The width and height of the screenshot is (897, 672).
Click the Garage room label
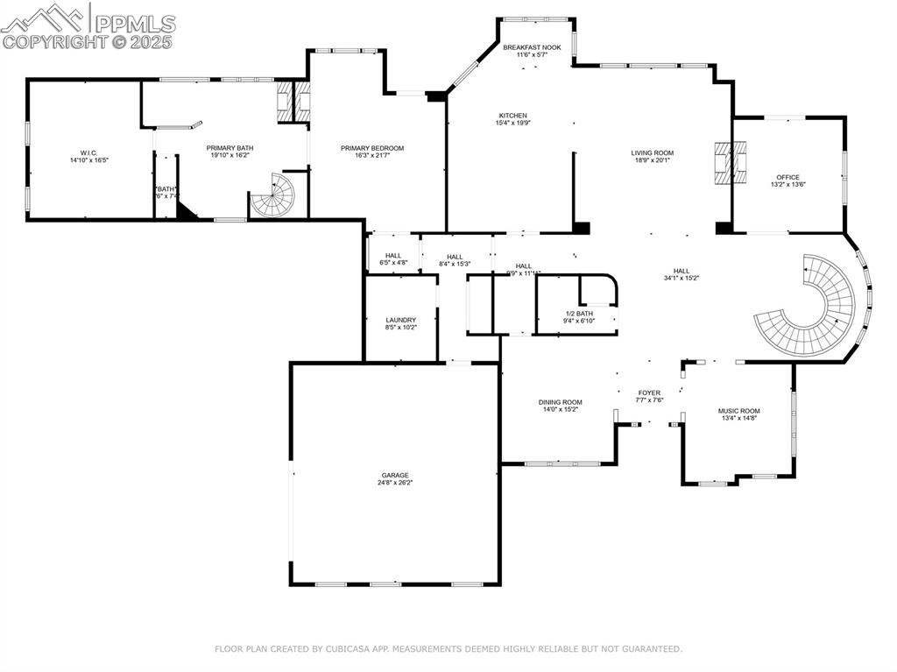394,475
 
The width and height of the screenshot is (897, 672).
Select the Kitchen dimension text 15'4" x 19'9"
513,123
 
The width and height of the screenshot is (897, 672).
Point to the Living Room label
652,152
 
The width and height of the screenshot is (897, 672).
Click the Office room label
788,177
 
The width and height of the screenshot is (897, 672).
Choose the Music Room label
738,411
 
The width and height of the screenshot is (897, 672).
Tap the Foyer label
649,393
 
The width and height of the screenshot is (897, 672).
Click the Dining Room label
560,402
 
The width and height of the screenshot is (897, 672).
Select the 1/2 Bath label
579,314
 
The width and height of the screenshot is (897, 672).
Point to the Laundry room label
400,320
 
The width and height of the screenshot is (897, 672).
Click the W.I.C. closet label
88,153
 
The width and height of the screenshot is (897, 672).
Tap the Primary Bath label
230,148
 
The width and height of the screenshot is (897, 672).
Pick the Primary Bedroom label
372,148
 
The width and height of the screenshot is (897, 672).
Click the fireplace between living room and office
724,163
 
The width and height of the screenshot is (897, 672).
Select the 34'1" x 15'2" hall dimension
681,278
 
